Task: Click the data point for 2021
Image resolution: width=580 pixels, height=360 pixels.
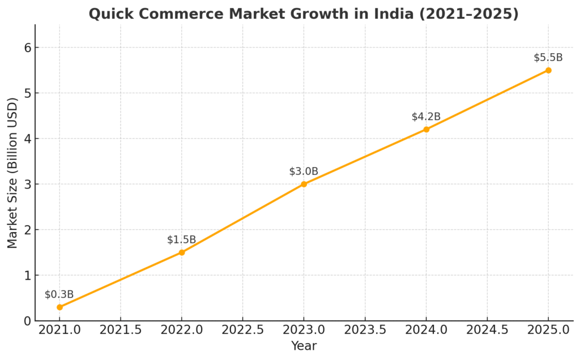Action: pos(59,307)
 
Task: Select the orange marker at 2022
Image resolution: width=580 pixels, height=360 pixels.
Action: pos(182,252)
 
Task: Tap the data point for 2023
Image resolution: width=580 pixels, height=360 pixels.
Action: pos(304,184)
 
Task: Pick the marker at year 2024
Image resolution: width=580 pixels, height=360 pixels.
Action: pos(426,130)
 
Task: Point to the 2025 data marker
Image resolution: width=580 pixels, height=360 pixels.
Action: pos(548,70)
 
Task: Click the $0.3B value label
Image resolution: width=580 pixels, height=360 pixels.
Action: pos(59,294)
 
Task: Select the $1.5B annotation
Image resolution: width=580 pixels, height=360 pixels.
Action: pos(182,239)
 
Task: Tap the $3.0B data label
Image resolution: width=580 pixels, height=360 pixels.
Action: pos(304,172)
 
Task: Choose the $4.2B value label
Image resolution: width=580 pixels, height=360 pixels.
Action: pos(426,117)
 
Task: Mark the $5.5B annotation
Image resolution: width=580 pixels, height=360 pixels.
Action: pos(548,58)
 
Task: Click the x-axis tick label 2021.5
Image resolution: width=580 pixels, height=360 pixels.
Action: pos(121,330)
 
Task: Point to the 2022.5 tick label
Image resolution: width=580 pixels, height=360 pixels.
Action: pos(242,330)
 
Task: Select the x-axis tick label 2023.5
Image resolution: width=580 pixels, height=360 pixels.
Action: pos(365,330)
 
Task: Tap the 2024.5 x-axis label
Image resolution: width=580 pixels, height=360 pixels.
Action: pos(487,330)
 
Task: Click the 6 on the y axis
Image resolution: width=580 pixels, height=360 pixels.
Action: pos(26,48)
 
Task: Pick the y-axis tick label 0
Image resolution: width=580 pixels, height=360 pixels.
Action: pos(26,321)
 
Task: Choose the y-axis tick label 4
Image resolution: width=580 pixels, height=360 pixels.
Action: pos(26,139)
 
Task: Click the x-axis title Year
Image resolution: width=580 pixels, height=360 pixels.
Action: pos(304,346)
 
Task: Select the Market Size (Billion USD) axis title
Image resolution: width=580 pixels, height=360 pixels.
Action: pos(12,173)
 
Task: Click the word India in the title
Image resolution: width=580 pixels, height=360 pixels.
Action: pos(369,14)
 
